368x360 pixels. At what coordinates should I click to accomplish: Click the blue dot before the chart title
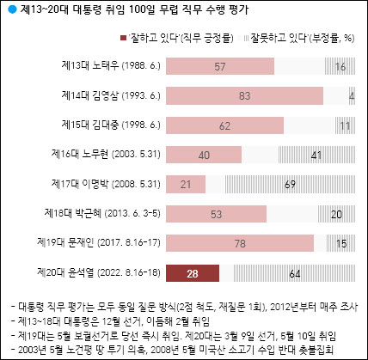tap(11, 9)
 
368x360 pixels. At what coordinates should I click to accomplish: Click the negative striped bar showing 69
tap(290, 184)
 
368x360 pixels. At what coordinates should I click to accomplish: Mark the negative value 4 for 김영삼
tap(353, 95)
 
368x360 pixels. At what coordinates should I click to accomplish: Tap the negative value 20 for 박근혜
tap(337, 214)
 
